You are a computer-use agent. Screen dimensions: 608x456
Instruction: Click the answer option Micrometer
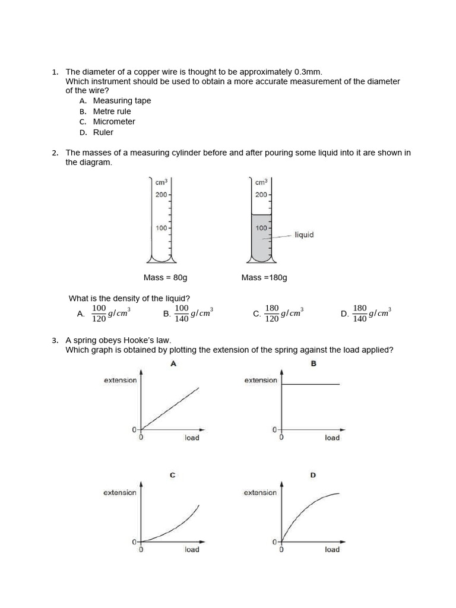tap(114, 122)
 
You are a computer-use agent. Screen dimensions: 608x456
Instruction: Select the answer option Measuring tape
tap(122, 101)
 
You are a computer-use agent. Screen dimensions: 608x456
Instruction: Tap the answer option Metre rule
tap(112, 112)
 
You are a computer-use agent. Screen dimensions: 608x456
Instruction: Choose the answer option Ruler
tap(103, 132)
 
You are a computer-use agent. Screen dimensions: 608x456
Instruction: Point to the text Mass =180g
tap(264, 278)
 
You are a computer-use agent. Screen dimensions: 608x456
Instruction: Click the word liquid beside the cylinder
tap(304, 235)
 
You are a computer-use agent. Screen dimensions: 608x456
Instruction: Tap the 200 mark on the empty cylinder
tap(161, 195)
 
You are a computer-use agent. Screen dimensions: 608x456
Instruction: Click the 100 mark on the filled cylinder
tap(261, 228)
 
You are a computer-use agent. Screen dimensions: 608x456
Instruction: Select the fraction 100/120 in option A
tap(99, 313)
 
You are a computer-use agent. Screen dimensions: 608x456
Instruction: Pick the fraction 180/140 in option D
tap(360, 313)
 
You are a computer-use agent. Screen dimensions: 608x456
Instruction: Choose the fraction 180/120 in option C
tap(272, 313)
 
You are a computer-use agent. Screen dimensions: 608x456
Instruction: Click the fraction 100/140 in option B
tap(182, 313)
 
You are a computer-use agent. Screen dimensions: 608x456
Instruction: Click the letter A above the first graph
tap(173, 364)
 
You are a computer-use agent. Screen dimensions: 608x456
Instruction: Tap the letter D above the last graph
tap(313, 475)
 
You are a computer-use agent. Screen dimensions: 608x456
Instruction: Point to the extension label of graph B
tap(261, 381)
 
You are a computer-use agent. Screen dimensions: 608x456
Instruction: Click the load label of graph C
tap(192, 550)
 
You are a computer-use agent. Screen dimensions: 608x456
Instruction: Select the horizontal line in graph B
tap(310, 385)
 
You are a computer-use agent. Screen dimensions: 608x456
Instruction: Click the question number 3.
tap(55, 340)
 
